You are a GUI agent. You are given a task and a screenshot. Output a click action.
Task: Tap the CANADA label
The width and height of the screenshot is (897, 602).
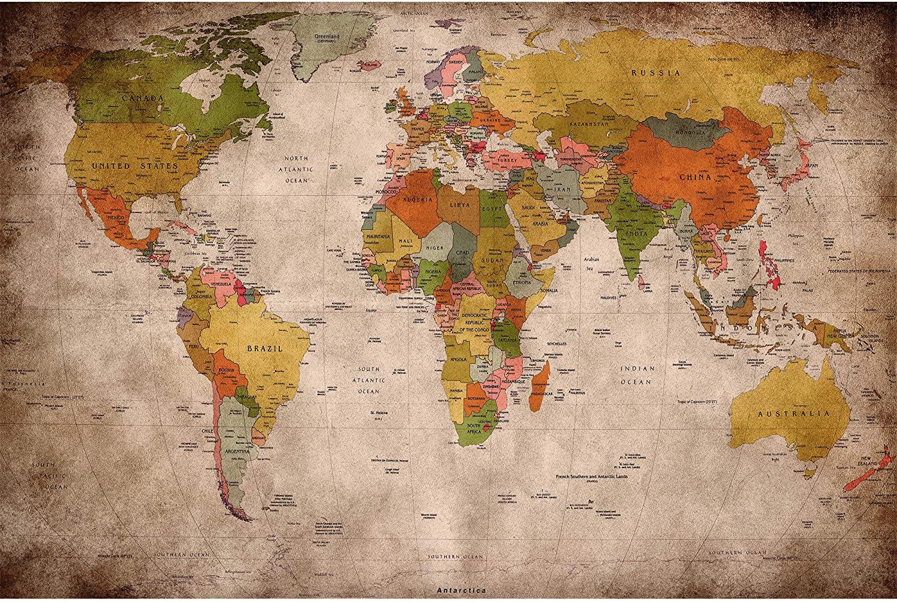point(143,97)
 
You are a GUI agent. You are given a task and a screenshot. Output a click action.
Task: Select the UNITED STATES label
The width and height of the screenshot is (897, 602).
point(135,165)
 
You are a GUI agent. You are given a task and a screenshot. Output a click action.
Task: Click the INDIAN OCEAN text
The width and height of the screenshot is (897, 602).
point(637,375)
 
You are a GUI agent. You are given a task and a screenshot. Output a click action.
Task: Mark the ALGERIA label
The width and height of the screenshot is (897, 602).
point(417,199)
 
